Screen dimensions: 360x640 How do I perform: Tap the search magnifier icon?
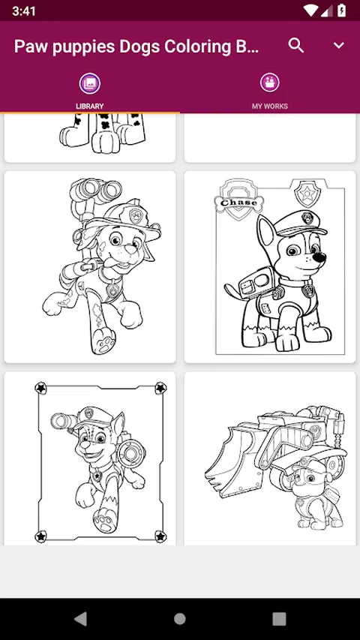(x=296, y=45)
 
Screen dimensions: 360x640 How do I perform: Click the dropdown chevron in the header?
(x=339, y=45)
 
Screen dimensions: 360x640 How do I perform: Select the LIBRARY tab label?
(x=90, y=106)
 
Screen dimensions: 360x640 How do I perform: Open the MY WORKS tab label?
(x=270, y=106)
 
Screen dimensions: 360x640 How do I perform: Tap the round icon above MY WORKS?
(x=270, y=83)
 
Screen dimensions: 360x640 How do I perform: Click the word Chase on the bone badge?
(x=238, y=203)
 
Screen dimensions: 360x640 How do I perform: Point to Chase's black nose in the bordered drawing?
(x=321, y=258)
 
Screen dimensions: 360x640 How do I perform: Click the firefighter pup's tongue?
(x=109, y=263)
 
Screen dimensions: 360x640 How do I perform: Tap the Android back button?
(x=80, y=619)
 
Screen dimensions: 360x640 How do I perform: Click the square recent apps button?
(x=279, y=619)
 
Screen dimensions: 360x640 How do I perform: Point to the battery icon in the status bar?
(x=342, y=11)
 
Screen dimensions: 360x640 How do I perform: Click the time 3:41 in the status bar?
(x=24, y=11)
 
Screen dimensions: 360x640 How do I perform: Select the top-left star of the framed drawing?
(x=40, y=388)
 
